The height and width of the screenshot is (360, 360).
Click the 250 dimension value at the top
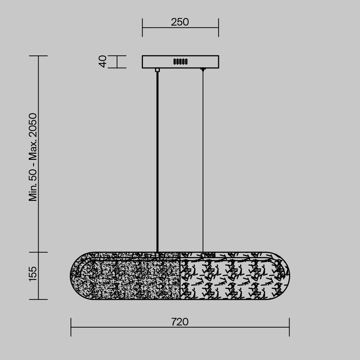(x=180, y=22)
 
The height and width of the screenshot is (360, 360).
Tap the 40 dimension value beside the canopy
(x=103, y=62)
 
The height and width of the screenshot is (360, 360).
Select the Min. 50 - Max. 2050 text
(x=33, y=157)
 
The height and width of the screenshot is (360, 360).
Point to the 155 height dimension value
(x=33, y=274)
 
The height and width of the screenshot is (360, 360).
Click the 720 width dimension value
(x=180, y=322)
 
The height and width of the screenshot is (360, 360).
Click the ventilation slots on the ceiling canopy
(x=180, y=62)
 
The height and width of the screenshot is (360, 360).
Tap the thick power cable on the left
(x=157, y=162)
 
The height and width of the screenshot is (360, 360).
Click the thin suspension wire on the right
(x=203, y=162)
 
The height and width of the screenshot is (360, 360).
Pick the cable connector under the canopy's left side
(x=157, y=70)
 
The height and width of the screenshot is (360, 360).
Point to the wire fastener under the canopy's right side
(x=203, y=69)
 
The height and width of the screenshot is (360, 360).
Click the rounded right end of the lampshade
(x=284, y=276)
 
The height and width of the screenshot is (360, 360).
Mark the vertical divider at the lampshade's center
(x=180, y=276)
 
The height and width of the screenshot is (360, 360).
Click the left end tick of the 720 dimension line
(x=71, y=327)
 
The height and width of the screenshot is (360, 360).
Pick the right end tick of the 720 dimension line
(x=289, y=327)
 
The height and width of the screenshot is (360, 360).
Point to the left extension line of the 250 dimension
(x=142, y=28)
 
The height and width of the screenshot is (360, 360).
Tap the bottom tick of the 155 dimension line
(x=39, y=299)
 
